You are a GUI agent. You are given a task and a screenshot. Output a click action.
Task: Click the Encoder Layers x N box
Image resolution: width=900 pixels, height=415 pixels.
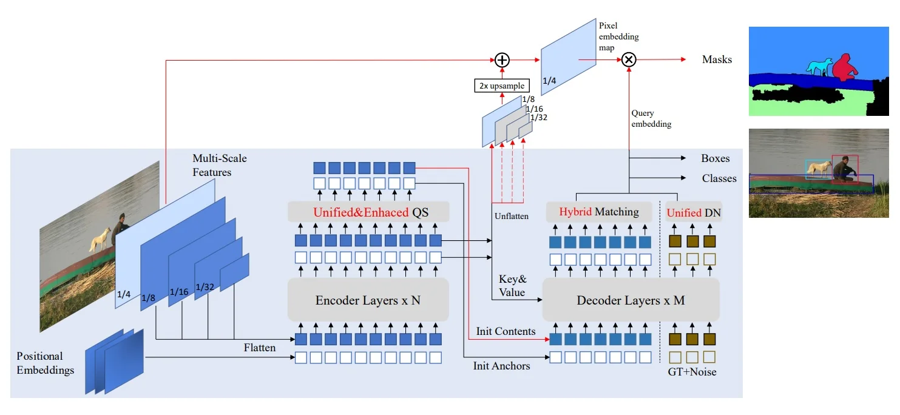(368, 300)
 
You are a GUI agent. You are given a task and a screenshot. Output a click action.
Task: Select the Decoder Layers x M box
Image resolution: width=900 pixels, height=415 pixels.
(631, 300)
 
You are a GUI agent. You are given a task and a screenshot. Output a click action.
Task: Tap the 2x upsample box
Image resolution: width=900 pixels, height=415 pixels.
(501, 85)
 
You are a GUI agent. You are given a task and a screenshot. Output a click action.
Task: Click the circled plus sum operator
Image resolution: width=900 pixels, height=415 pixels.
(501, 59)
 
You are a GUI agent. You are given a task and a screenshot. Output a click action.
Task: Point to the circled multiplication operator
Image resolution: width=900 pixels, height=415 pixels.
(629, 59)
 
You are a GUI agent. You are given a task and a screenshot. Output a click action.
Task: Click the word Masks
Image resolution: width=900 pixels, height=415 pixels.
(717, 59)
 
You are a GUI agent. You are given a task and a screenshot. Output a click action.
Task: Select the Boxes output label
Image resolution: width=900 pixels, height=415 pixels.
(715, 158)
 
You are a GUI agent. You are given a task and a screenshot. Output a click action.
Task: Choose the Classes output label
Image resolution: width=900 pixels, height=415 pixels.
(719, 178)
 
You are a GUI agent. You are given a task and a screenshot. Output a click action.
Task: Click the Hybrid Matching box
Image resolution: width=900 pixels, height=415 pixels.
(599, 212)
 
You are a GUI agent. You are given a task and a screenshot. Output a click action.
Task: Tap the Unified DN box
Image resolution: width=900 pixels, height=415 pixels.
(694, 212)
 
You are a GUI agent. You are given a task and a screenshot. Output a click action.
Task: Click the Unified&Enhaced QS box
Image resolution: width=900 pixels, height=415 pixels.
(368, 212)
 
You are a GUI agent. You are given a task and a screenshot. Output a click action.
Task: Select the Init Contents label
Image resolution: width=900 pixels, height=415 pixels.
(506, 331)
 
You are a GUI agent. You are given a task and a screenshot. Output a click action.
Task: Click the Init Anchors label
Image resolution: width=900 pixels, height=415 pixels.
(501, 366)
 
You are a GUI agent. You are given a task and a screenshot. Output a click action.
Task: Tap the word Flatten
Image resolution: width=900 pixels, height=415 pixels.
(260, 348)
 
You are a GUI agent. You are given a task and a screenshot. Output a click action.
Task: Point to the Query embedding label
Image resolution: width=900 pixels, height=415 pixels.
(651, 118)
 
